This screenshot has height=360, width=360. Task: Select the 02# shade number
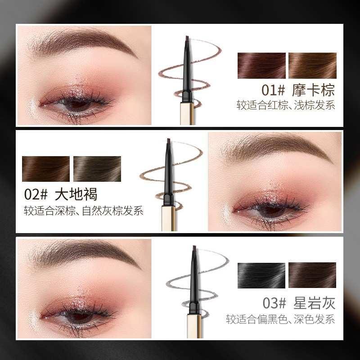tap(36, 194)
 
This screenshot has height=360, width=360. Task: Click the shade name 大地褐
tap(76, 194)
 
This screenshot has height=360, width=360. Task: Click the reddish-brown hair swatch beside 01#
tap(261, 66)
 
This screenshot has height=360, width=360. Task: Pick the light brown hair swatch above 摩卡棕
tap(312, 66)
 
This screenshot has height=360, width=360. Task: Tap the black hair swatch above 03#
tap(261, 275)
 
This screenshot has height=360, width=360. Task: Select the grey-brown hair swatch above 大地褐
tap(97, 169)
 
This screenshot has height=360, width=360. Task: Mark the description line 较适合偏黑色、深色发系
tap(280, 319)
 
